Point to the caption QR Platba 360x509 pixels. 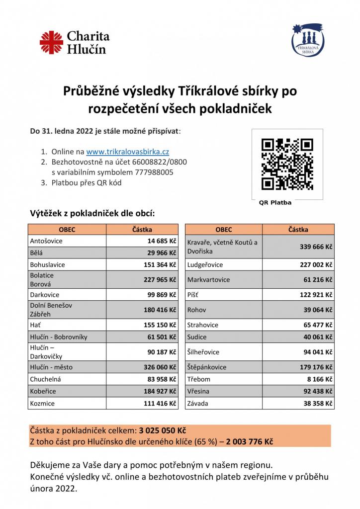[275, 203]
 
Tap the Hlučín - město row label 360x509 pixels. [53, 367]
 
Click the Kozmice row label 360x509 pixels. [43, 404]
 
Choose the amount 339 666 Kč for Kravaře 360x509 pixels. [316, 247]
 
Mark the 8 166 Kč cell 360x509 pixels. [318, 379]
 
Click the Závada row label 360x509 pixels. [198, 404]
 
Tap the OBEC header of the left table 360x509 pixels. [67, 230]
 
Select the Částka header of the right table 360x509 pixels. [298, 230]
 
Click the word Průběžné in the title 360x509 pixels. [93, 91]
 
